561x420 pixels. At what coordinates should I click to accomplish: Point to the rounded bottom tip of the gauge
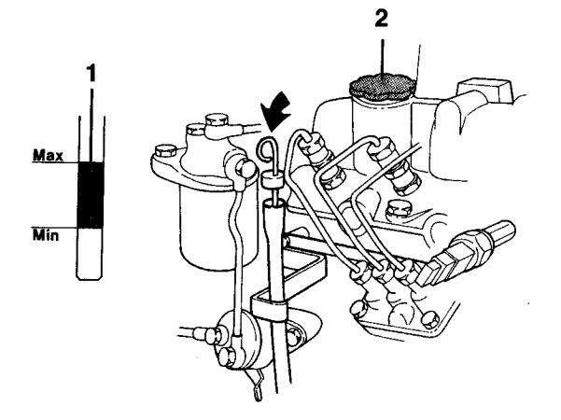coord(90,273)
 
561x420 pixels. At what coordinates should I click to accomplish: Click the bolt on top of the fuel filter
coord(217,120)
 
